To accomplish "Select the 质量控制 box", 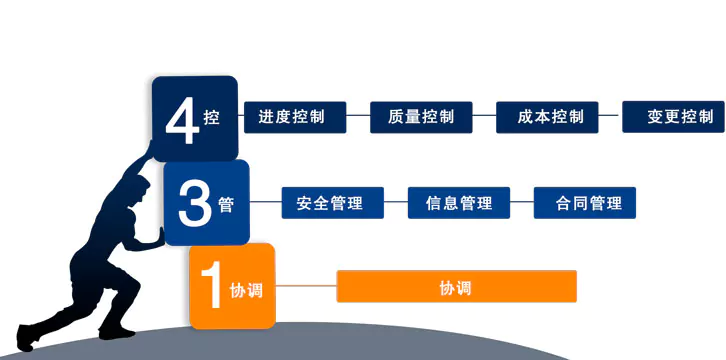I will click(420, 117).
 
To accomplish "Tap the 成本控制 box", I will click(546, 117).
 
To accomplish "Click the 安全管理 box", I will click(333, 203).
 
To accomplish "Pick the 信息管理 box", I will click(459, 203).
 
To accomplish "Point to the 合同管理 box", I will click(585, 203).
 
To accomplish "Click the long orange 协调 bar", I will click(456, 287).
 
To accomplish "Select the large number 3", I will click(192, 203).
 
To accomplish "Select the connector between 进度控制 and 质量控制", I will click(358, 117).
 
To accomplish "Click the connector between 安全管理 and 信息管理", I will click(396, 203).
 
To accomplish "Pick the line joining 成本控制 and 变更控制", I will click(610, 117).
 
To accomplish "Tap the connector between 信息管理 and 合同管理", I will click(522, 203).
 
